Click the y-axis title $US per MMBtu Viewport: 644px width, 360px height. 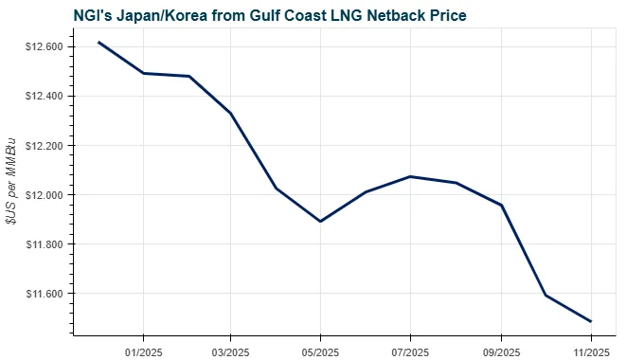coord(11,179)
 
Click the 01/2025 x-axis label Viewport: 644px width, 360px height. coord(142,350)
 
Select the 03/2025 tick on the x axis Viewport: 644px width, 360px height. coord(230,350)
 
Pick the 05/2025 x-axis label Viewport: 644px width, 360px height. coord(320,350)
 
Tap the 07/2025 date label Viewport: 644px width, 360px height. coord(409,350)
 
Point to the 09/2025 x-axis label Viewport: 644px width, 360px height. coord(500,350)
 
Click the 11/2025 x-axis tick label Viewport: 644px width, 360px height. coord(591,350)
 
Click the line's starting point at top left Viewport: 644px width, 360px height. coord(98,42)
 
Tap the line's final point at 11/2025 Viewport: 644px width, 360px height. coord(591,321)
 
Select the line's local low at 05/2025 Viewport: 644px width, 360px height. coord(320,222)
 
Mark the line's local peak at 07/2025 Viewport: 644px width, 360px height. coord(409,176)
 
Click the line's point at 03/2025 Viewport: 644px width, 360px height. coord(230,113)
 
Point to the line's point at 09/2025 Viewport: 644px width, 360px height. coord(500,205)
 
